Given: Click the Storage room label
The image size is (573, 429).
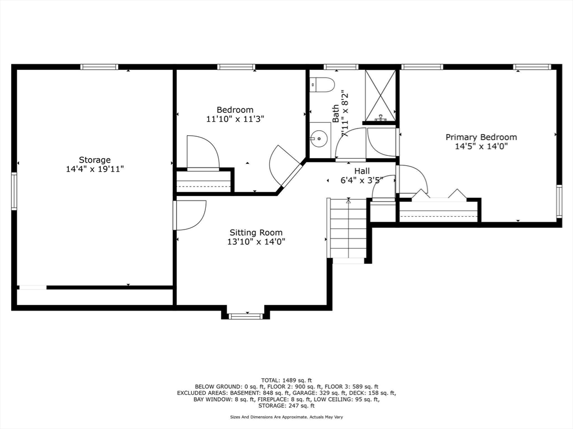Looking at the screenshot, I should [95, 160].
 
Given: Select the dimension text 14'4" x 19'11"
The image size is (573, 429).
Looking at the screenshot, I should [95, 169].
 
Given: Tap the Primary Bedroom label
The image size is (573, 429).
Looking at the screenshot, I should [481, 137].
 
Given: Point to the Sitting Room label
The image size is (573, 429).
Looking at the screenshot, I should [256, 232].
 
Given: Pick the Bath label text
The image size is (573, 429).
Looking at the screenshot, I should [336, 113].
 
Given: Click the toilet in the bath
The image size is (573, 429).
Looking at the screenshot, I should [322, 85].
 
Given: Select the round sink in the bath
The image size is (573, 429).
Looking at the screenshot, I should [320, 137].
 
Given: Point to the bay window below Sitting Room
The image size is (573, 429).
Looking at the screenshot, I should [246, 316].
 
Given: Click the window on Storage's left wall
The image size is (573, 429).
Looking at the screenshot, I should [14, 191].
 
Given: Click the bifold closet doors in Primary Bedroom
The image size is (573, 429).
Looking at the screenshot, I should [439, 195].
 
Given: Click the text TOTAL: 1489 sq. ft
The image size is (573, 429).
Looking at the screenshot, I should [286, 379].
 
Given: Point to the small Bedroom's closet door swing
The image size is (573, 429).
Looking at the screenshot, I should [202, 152].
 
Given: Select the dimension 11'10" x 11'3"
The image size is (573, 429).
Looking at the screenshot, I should [235, 119].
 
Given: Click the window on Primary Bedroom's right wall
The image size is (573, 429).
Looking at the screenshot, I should [558, 202].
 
